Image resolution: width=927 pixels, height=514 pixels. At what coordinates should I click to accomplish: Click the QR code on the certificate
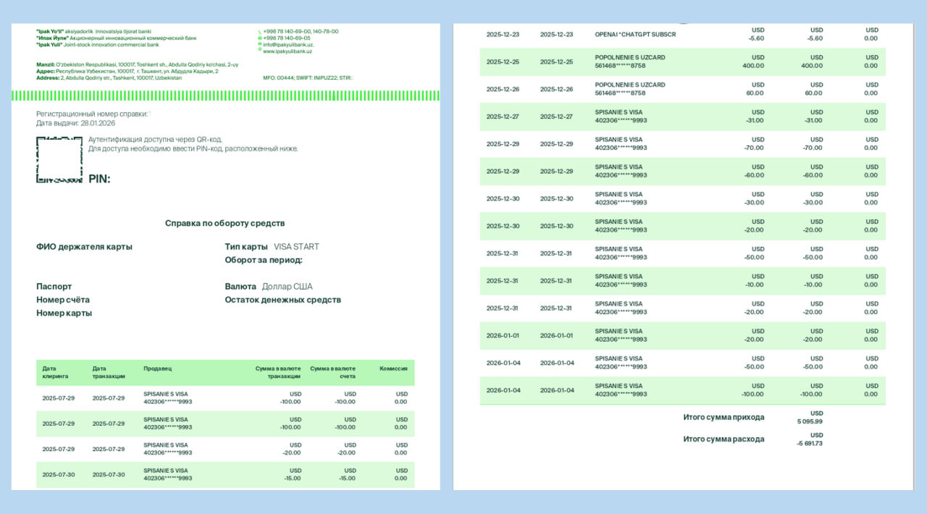click(59, 159)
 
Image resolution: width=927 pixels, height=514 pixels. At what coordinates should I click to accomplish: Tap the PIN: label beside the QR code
click(99, 179)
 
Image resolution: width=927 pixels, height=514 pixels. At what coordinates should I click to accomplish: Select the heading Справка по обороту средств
click(225, 223)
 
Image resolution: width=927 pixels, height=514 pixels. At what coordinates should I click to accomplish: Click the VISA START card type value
click(296, 247)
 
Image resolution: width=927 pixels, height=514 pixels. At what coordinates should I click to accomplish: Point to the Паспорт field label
click(54, 287)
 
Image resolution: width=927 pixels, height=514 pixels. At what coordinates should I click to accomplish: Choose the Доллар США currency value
click(287, 287)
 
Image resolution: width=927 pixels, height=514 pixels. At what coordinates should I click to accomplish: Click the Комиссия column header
click(393, 368)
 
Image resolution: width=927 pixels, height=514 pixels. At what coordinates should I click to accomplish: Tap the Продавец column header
click(158, 368)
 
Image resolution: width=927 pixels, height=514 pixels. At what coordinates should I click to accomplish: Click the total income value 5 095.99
click(810, 421)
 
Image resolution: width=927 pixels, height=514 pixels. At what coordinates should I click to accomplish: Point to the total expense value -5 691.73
click(810, 443)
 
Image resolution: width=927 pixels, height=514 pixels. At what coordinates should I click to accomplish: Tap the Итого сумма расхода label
click(723, 439)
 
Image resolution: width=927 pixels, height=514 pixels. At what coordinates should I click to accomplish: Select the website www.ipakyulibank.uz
click(288, 51)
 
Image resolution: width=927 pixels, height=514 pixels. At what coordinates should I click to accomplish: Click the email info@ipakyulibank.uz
click(288, 45)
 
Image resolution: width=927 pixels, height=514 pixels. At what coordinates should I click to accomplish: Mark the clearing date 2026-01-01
click(503, 335)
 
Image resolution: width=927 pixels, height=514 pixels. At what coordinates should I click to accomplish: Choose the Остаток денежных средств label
click(282, 300)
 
